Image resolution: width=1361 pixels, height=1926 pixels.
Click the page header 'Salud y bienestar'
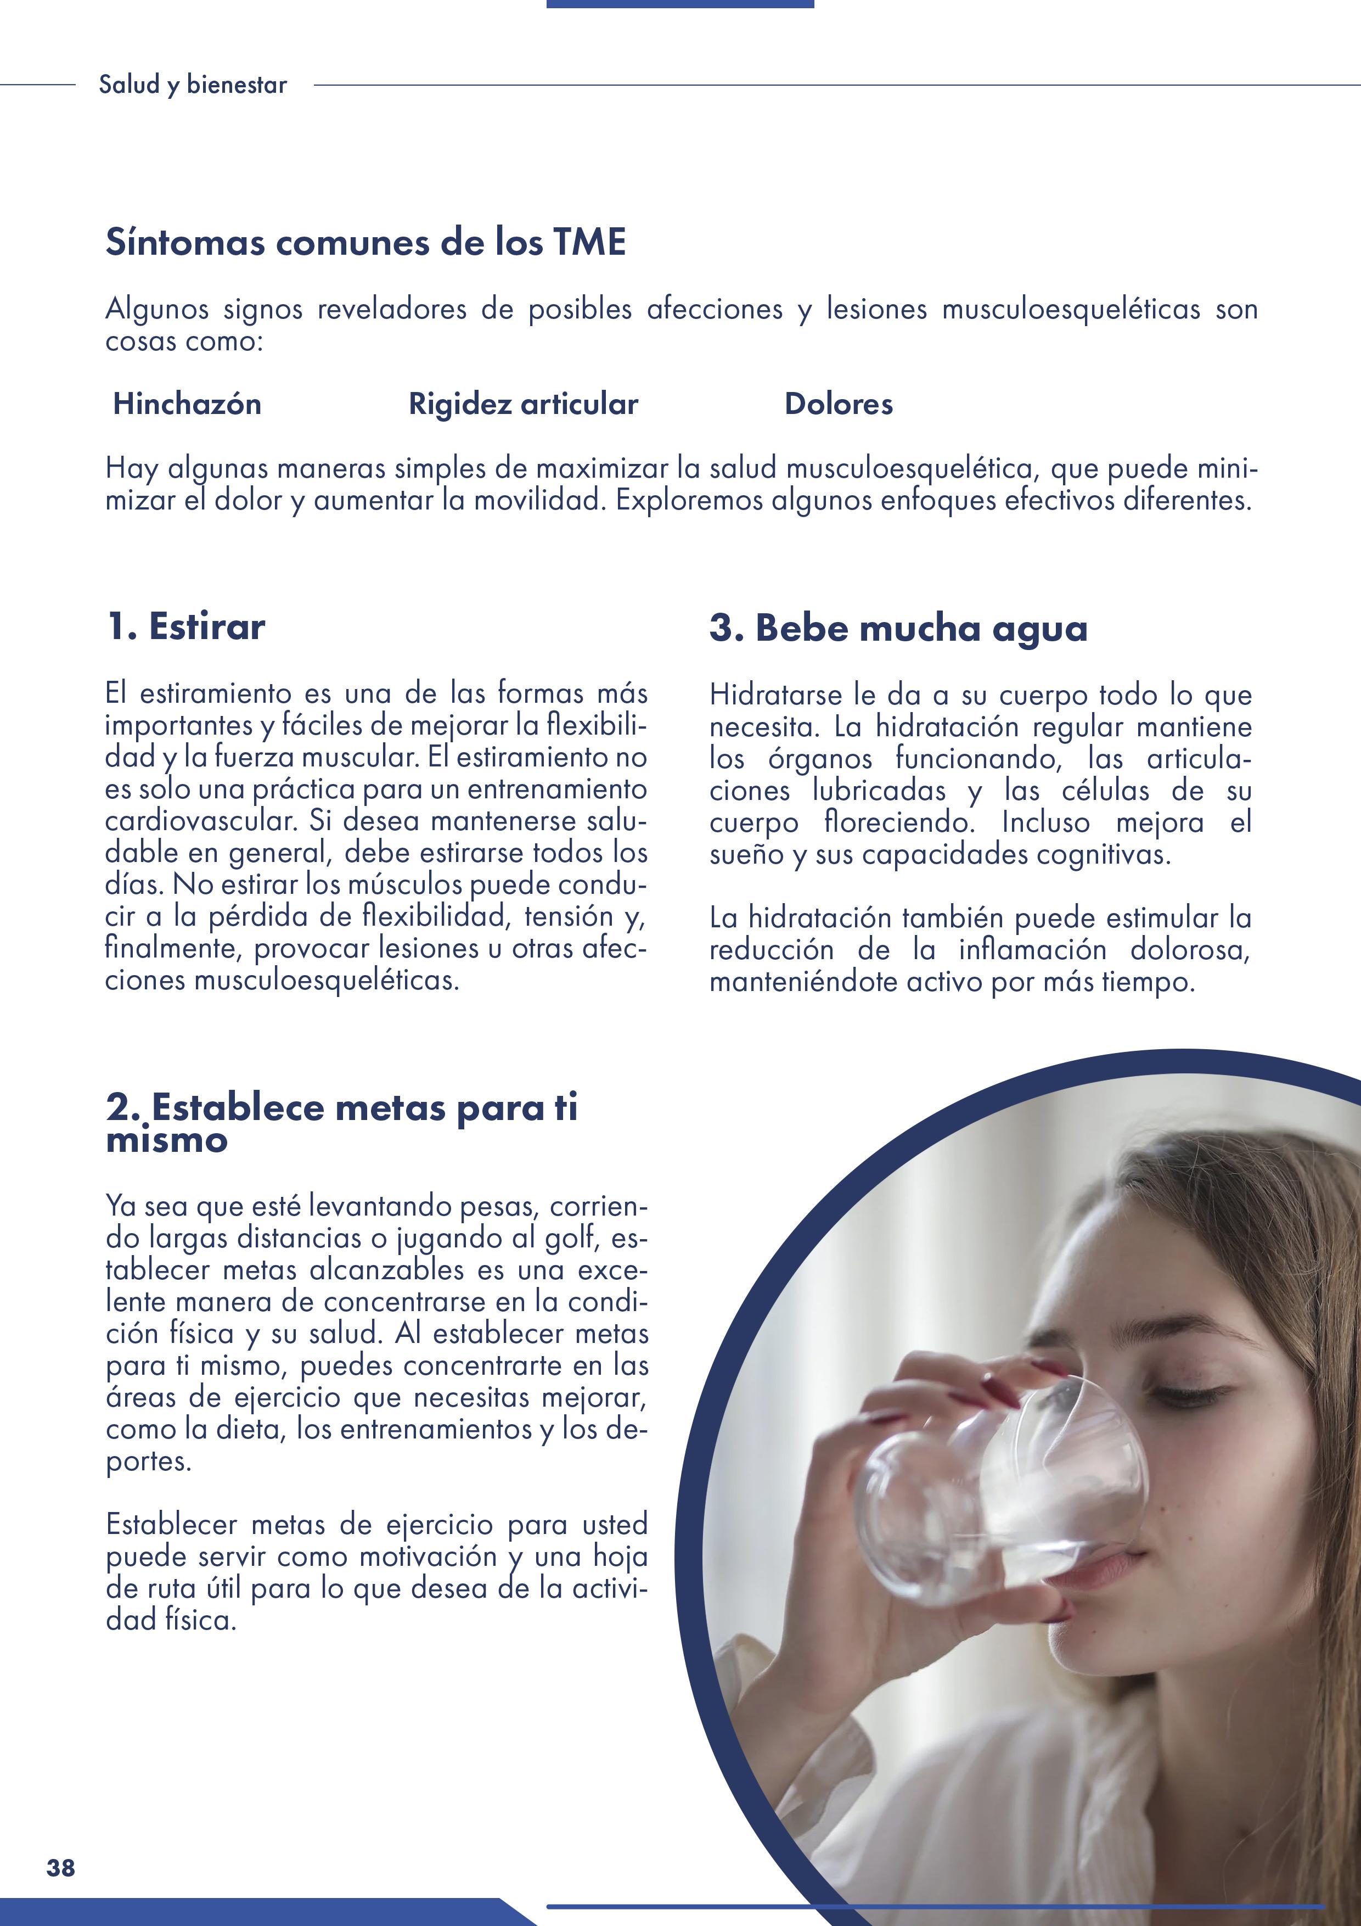pos(192,85)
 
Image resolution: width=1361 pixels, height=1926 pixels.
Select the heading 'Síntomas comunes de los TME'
pos(365,243)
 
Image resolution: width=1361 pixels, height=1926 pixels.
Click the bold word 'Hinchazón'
pos(187,404)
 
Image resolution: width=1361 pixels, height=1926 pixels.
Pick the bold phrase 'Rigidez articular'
pos(523,404)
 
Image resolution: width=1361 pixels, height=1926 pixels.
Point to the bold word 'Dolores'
pos(839,404)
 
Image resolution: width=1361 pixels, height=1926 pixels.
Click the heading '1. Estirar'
pos(185,626)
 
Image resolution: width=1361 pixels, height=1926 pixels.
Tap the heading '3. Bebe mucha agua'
pos(898,628)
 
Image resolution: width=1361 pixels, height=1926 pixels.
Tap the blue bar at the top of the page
pos(679,4)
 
